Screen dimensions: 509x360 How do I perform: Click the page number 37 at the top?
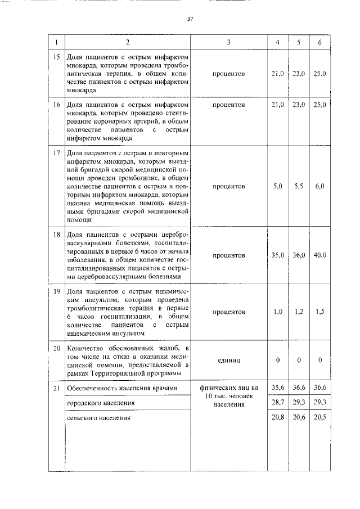click(190, 19)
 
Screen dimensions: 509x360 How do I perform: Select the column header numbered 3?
click(228, 43)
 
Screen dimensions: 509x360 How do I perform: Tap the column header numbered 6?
click(319, 43)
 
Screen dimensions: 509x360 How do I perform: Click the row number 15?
click(56, 57)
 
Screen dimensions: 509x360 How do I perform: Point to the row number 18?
click(56, 233)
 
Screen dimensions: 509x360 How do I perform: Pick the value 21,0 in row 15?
click(277, 74)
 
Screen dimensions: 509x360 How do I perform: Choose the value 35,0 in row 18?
click(277, 255)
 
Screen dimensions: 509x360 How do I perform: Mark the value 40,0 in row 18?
click(319, 255)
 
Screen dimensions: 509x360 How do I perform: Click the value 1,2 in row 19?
click(299, 312)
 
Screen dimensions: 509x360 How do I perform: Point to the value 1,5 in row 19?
click(319, 312)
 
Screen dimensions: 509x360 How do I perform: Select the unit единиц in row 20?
click(228, 360)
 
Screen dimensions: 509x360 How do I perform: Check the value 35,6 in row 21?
click(277, 387)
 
